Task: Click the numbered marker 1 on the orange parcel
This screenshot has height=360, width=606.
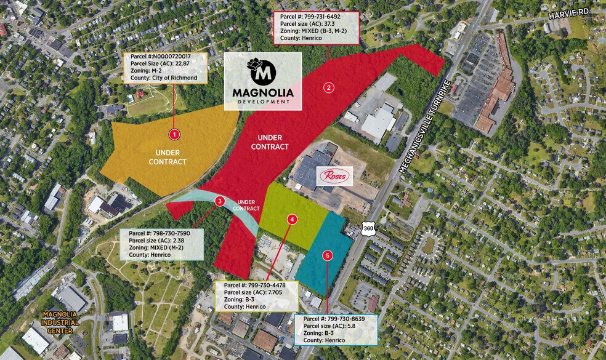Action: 174,134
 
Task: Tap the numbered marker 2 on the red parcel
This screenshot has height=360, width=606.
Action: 329,87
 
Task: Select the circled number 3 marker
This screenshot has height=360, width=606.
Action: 220,201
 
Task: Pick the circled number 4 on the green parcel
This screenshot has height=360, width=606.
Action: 292,219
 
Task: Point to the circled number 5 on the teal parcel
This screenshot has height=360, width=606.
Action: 328,255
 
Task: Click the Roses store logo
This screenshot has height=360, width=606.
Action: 334,177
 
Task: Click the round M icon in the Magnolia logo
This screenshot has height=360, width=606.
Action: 262,71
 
